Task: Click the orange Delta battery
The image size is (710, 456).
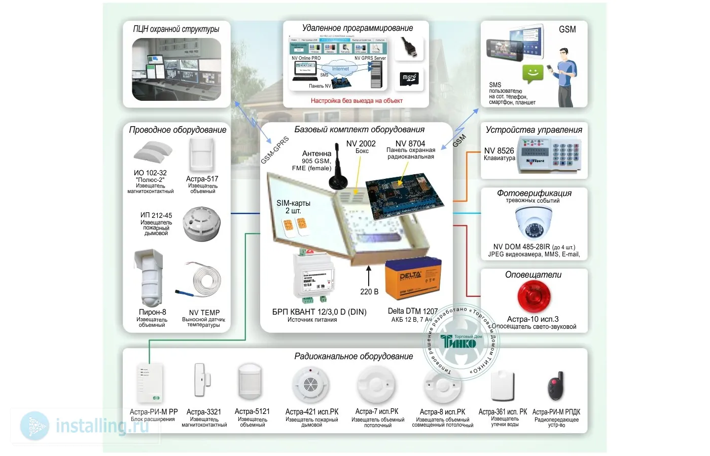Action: click(411, 278)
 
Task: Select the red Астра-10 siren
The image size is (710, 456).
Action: click(534, 296)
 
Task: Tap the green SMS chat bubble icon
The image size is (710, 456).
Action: click(533, 74)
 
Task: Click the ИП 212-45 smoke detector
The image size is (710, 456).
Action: click(201, 222)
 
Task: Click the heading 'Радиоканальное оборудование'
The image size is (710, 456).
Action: click(353, 357)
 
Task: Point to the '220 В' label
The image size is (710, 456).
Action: click(369, 292)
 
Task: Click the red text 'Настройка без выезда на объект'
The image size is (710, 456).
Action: click(357, 101)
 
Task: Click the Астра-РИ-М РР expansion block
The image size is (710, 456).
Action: click(150, 383)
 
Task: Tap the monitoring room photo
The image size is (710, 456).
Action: click(176, 69)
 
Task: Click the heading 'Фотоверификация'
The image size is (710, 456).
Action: click(534, 193)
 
